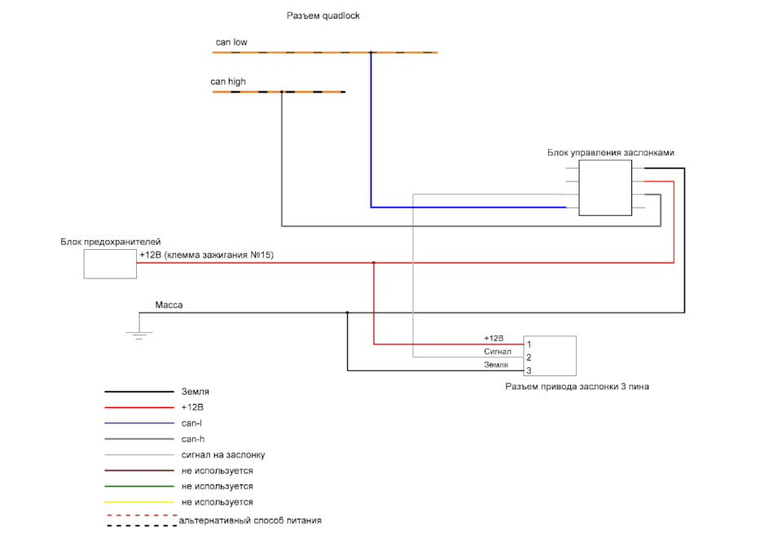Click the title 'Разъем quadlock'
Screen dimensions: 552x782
(x=323, y=15)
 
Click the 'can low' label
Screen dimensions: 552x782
(x=231, y=42)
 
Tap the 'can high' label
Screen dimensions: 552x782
(x=228, y=81)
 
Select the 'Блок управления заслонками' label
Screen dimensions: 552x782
(x=611, y=152)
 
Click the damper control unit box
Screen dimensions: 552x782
(x=604, y=187)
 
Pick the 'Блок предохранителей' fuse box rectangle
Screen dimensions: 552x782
(x=110, y=264)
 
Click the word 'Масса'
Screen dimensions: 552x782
(x=169, y=305)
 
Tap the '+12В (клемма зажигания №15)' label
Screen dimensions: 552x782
(x=206, y=255)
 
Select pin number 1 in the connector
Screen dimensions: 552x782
(x=529, y=344)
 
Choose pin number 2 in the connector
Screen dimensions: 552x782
(x=529, y=357)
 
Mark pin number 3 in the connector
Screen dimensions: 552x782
(x=529, y=370)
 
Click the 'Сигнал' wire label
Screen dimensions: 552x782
(x=497, y=351)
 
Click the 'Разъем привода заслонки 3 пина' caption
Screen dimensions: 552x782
(x=577, y=387)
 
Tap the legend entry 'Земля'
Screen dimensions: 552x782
(x=195, y=392)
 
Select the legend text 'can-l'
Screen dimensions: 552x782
(x=192, y=423)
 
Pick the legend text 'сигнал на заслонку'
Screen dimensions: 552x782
(x=222, y=455)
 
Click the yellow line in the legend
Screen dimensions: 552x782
(x=140, y=502)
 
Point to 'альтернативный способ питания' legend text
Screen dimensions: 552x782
(x=250, y=520)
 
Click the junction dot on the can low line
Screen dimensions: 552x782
(x=371, y=52)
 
